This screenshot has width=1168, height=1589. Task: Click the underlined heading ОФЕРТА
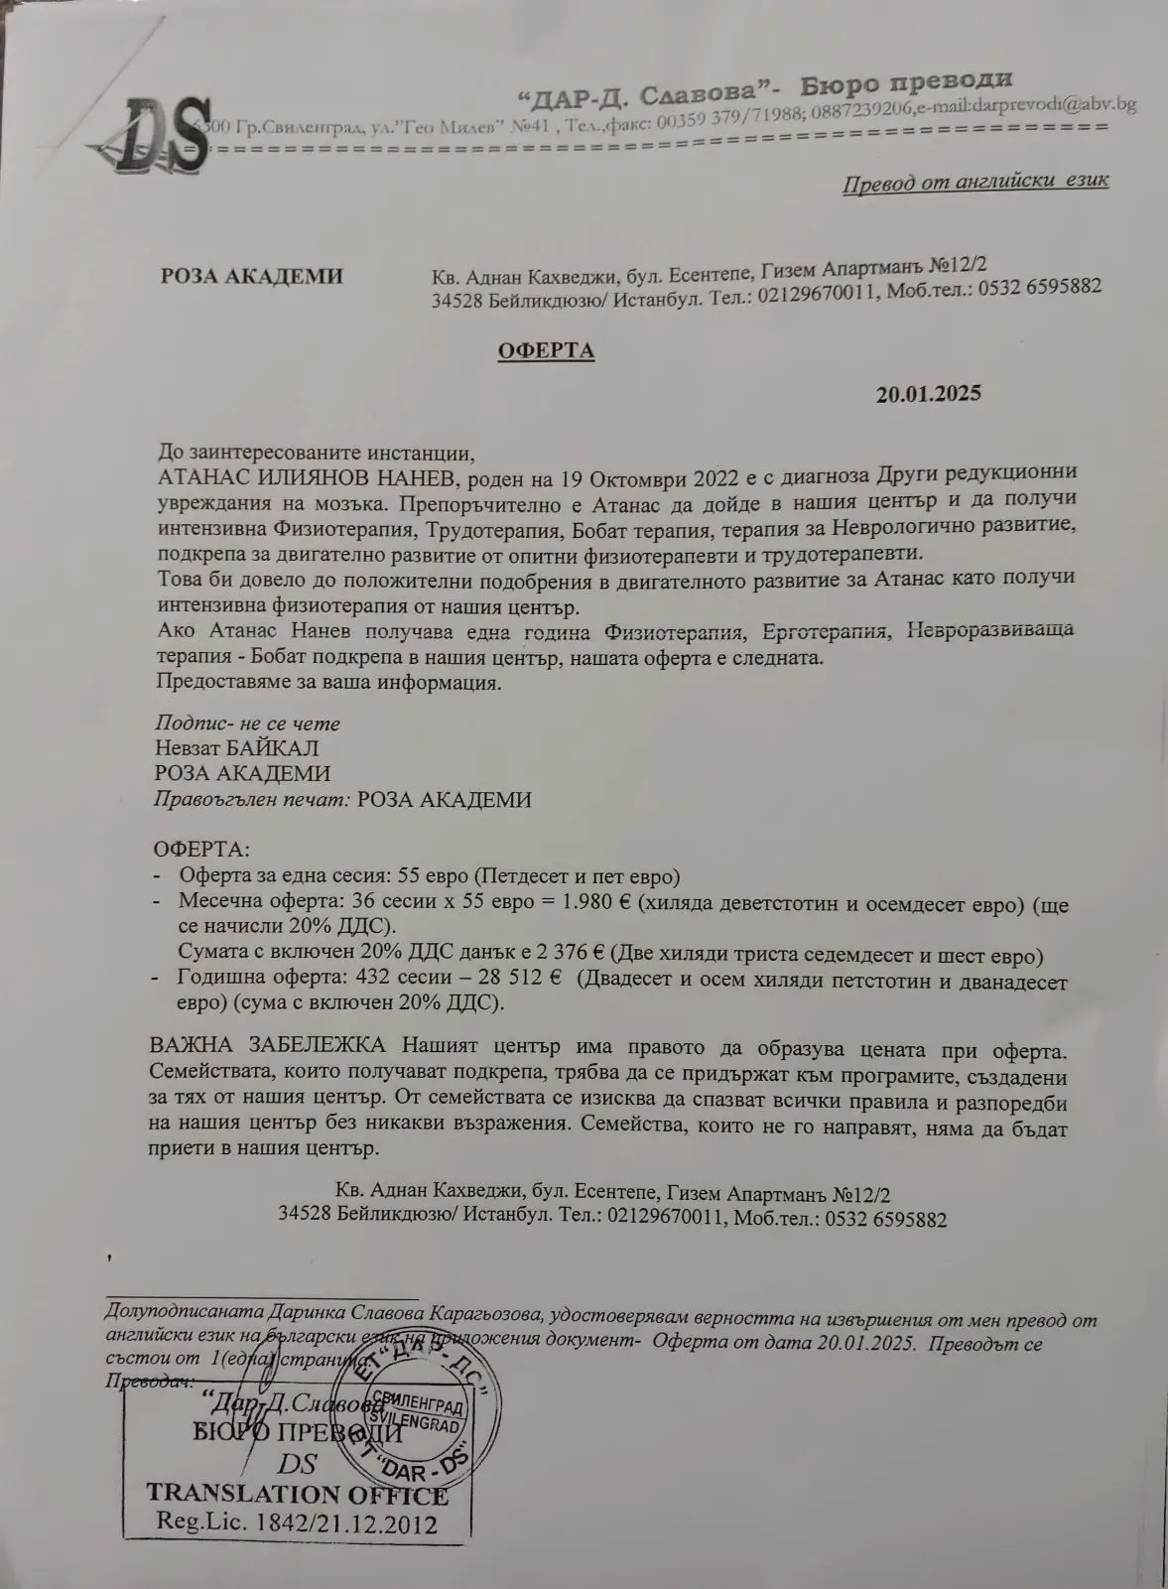click(x=546, y=350)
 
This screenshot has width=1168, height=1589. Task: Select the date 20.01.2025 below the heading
click(x=928, y=394)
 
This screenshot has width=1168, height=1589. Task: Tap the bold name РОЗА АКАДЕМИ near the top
click(x=252, y=276)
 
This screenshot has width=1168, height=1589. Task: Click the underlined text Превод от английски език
click(x=974, y=182)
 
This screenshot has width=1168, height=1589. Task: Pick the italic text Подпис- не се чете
click(x=247, y=723)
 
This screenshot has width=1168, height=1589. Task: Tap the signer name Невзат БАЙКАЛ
click(x=236, y=747)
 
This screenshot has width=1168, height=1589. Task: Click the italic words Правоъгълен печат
click(x=252, y=800)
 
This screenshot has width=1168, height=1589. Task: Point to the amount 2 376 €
click(x=571, y=955)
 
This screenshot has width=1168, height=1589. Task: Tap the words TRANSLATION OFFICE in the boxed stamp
click(x=297, y=1495)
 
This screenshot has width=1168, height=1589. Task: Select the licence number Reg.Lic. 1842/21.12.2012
click(x=297, y=1523)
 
